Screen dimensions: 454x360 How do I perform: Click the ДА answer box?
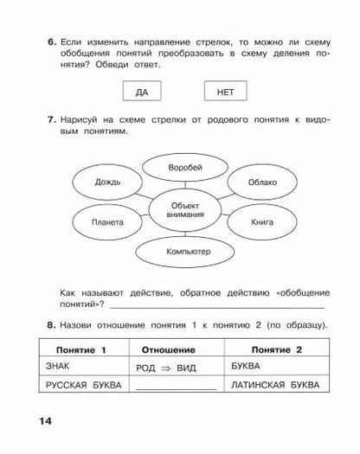click(x=140, y=91)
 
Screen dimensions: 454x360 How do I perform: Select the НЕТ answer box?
click(x=224, y=91)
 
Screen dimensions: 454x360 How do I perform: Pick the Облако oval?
click(x=262, y=183)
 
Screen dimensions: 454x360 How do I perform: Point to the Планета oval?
click(x=106, y=222)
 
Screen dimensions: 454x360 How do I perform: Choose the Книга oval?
click(x=262, y=222)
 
